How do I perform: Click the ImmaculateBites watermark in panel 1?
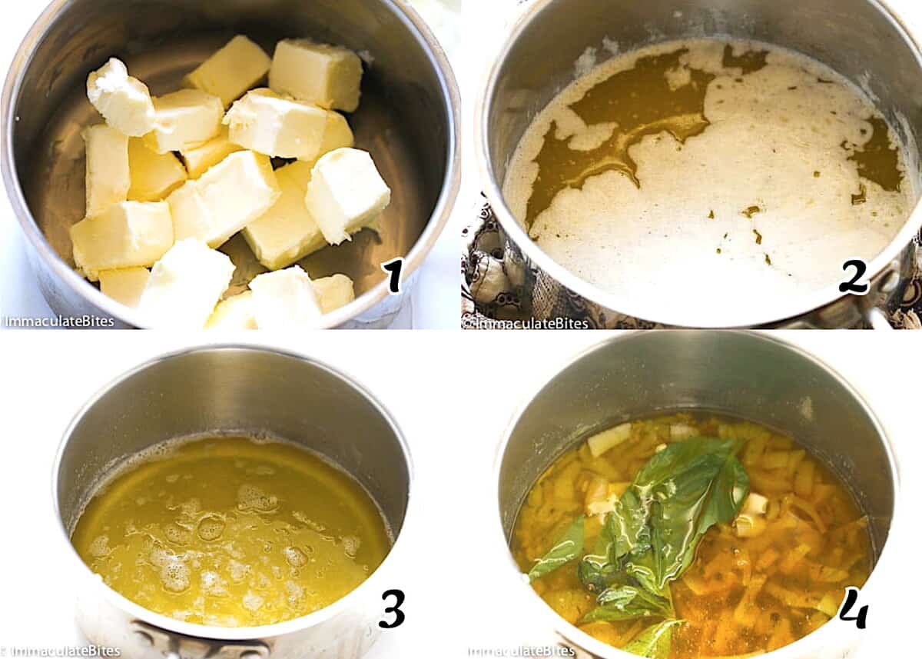point(58,321)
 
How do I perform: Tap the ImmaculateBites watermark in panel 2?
point(526,323)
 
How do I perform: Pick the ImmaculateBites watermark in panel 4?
point(521,651)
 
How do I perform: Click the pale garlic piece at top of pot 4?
point(609,439)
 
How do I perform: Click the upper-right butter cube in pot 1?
point(316,74)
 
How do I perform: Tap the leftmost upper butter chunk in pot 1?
point(120,98)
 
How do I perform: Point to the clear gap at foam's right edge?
point(877,157)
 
